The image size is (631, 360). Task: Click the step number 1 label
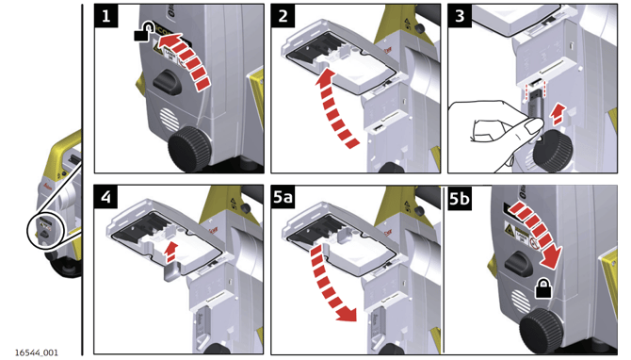[x=105, y=16]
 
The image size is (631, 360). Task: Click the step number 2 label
[x=283, y=16]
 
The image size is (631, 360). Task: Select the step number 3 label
[x=460, y=16]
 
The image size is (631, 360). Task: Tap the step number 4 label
[x=105, y=197]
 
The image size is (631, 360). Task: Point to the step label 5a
[x=283, y=197]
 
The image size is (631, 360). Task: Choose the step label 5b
[x=460, y=198]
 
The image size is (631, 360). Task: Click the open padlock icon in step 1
[x=144, y=32]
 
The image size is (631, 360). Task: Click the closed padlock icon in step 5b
[x=542, y=289]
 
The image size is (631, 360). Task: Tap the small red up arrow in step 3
[x=557, y=114]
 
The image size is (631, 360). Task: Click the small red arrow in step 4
[x=171, y=252]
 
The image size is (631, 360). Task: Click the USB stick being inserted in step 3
[x=535, y=106]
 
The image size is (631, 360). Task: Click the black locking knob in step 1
[x=166, y=82]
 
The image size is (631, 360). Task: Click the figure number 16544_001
[x=36, y=352]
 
